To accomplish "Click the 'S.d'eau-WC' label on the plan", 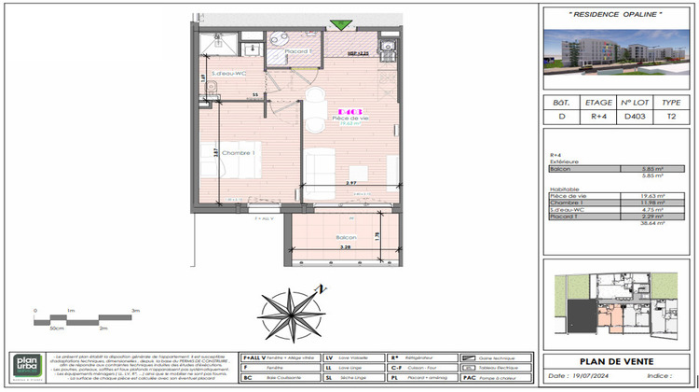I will (226, 74).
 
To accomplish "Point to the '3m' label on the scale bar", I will (135, 309).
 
